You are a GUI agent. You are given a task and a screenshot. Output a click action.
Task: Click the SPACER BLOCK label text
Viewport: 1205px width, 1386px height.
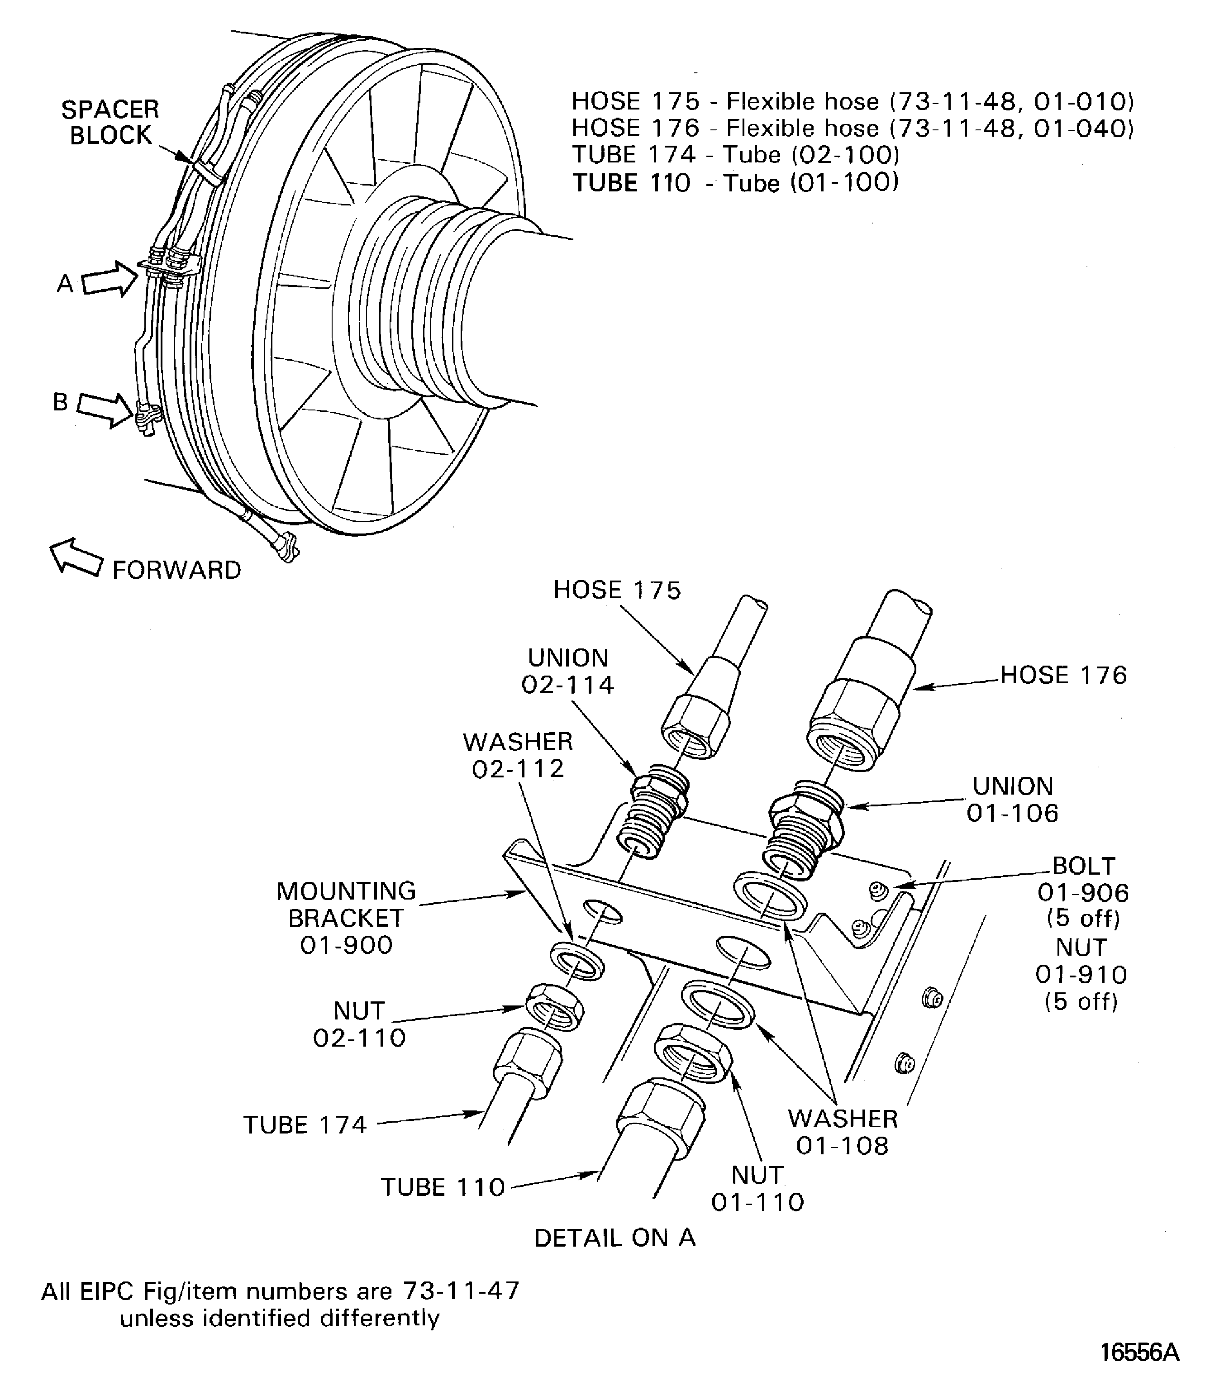[111, 122]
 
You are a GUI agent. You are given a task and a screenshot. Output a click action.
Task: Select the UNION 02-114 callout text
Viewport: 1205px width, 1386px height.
[568, 671]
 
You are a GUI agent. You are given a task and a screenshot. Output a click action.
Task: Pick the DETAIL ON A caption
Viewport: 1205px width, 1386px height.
[614, 1238]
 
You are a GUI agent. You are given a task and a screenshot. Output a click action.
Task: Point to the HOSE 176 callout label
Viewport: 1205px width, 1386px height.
[1063, 675]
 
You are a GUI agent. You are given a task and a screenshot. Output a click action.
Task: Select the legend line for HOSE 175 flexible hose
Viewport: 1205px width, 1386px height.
[853, 101]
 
